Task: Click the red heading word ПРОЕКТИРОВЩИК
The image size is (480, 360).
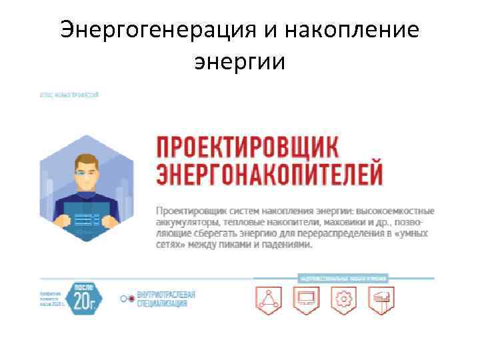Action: coord(247,146)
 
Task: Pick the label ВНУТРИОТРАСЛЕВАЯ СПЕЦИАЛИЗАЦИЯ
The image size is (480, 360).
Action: coord(163,299)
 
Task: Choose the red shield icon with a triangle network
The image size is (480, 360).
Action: coord(269,299)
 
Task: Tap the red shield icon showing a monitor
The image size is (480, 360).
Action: coord(306,299)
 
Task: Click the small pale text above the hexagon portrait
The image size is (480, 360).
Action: coord(69,95)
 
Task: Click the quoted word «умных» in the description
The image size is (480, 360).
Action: coord(407,234)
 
